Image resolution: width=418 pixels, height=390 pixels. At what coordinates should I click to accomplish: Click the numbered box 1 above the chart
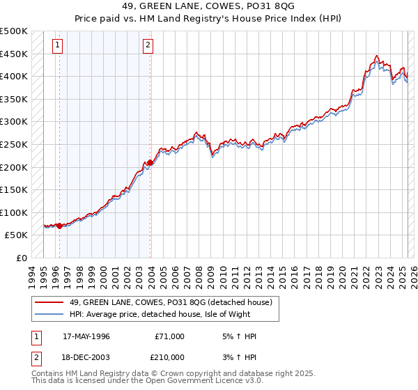point(56,47)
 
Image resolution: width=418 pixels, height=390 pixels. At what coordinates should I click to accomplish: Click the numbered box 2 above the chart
point(148,47)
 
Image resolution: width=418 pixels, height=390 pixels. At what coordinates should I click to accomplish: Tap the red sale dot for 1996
point(59,226)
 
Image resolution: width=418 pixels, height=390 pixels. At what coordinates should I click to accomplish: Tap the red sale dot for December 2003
point(150,162)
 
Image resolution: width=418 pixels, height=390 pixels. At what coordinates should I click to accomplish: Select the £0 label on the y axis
point(22,258)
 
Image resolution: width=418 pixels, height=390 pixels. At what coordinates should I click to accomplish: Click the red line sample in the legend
point(49,302)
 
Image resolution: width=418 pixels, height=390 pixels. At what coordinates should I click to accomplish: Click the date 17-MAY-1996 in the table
point(86,336)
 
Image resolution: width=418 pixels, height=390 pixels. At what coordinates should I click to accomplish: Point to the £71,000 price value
point(170,336)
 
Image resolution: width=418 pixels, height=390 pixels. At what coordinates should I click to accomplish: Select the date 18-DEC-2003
point(86,357)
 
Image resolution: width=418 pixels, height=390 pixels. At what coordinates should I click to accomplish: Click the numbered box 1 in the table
point(36,336)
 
